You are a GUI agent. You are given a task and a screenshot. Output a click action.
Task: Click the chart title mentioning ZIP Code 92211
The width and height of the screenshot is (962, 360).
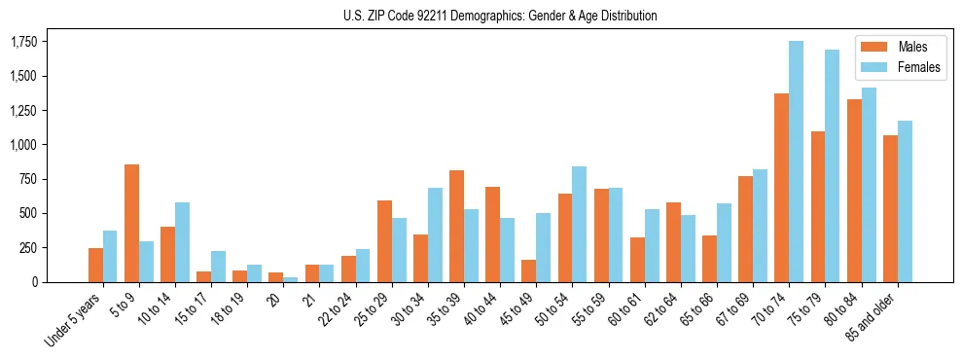point(500,16)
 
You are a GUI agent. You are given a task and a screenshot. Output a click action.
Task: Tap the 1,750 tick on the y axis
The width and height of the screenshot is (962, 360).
point(23,42)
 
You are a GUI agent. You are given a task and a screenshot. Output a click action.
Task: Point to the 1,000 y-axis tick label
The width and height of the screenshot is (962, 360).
point(23,145)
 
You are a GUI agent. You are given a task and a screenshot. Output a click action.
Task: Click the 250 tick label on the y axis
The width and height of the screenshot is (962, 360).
point(29,248)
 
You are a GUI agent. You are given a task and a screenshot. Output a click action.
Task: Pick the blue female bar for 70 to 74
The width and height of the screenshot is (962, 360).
point(796,162)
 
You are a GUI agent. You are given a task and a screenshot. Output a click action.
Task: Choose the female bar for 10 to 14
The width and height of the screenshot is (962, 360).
point(182,242)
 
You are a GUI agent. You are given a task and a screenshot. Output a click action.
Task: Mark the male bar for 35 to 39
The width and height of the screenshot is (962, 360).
point(456,226)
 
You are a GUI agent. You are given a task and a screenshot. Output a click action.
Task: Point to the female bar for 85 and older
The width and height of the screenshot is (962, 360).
point(905,201)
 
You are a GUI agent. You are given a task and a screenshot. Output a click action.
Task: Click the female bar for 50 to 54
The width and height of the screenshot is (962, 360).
point(579,224)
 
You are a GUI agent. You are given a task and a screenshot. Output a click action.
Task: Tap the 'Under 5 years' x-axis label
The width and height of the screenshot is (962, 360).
point(76,320)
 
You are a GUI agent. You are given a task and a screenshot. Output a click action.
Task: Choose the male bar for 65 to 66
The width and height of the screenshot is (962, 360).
point(709,258)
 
